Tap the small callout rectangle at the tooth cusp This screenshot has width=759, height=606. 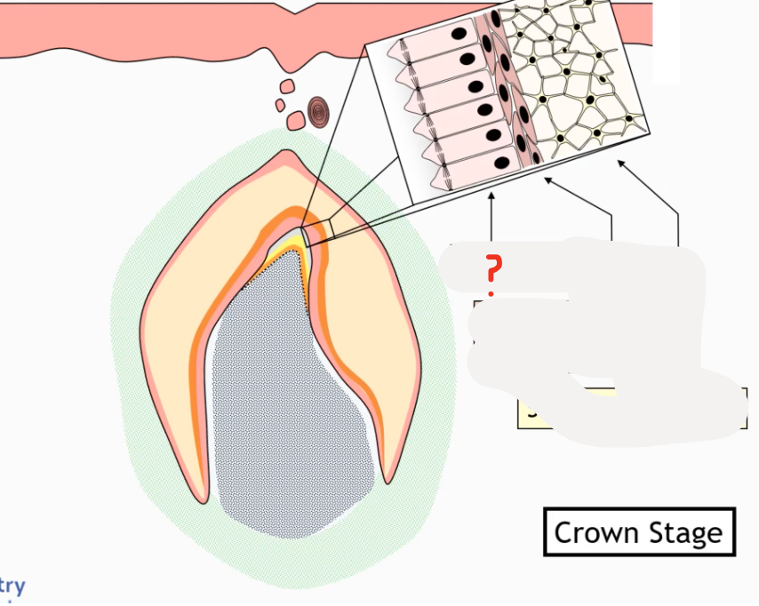316,233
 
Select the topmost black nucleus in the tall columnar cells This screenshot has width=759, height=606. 461,35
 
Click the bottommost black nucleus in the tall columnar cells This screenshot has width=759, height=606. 502,163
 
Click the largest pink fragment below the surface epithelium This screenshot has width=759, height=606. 286,88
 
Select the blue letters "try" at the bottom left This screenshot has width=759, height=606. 12,586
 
